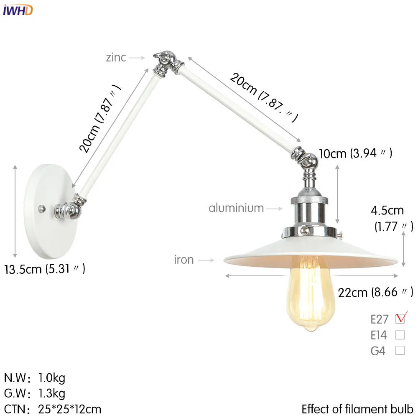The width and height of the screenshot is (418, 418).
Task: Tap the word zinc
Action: (x=116, y=57)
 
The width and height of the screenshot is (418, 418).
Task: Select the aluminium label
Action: (x=236, y=208)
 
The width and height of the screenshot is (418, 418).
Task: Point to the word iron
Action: (x=184, y=260)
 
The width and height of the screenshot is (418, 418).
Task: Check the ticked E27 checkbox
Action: (x=400, y=319)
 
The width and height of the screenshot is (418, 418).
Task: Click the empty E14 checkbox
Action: (x=400, y=335)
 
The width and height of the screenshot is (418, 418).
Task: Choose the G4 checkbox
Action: (x=400, y=351)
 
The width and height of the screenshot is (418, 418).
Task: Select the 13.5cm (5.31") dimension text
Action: (x=45, y=269)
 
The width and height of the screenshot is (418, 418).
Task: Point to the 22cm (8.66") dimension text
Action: (x=375, y=292)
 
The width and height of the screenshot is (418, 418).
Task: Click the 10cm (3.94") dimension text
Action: (x=355, y=153)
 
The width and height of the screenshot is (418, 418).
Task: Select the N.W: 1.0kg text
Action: (x=35, y=378)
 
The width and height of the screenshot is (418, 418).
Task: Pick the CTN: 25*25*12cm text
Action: (x=53, y=408)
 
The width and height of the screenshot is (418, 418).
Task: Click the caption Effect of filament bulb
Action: (x=357, y=408)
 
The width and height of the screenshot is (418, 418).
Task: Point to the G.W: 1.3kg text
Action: (x=35, y=393)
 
